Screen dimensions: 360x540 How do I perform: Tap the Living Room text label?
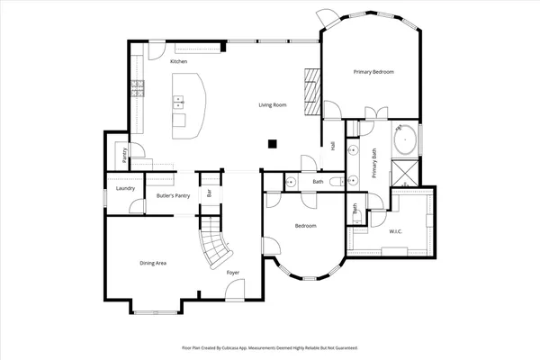coord(273,105)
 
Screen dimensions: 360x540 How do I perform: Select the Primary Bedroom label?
coord(373,71)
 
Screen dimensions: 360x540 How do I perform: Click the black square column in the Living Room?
coord(273,142)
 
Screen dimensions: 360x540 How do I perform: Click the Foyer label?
coord(232,273)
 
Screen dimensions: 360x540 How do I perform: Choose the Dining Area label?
coord(153,263)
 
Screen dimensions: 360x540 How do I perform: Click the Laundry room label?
coord(126,188)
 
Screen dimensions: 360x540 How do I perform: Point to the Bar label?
coord(210,192)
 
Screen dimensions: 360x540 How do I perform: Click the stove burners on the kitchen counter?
coord(139,88)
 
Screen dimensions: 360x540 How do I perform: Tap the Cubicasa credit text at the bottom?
coord(270,346)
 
